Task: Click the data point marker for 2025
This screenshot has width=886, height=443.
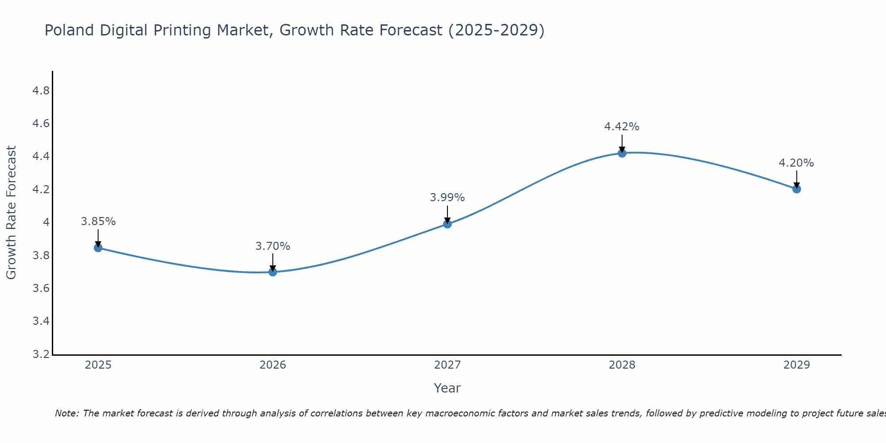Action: pyautogui.click(x=98, y=248)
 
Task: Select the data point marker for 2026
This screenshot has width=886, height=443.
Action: pyautogui.click(x=273, y=272)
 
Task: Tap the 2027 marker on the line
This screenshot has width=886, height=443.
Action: pyautogui.click(x=447, y=224)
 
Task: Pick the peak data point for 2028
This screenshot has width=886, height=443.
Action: pyautogui.click(x=622, y=153)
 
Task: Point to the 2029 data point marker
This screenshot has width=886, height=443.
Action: pyautogui.click(x=797, y=189)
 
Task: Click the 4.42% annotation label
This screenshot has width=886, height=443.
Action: pyautogui.click(x=622, y=127)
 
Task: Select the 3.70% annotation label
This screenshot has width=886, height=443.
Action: pyautogui.click(x=273, y=246)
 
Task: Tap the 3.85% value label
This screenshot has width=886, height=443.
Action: pyautogui.click(x=98, y=221)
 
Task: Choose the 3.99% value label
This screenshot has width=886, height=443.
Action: pyautogui.click(x=447, y=198)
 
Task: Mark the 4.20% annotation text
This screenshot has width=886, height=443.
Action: pyautogui.click(x=797, y=163)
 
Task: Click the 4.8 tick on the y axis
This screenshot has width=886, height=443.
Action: pyautogui.click(x=41, y=91)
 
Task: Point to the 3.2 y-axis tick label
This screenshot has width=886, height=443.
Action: pyautogui.click(x=41, y=354)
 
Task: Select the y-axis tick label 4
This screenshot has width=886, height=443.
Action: pyautogui.click(x=46, y=222)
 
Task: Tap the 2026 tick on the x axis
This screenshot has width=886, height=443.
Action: pyautogui.click(x=273, y=365)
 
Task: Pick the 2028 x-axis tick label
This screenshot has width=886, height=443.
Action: pyautogui.click(x=622, y=365)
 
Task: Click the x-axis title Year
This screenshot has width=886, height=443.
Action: pyautogui.click(x=447, y=388)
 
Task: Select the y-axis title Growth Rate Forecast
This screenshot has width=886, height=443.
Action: pyautogui.click(x=11, y=213)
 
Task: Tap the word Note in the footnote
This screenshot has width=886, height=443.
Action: pyautogui.click(x=66, y=413)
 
